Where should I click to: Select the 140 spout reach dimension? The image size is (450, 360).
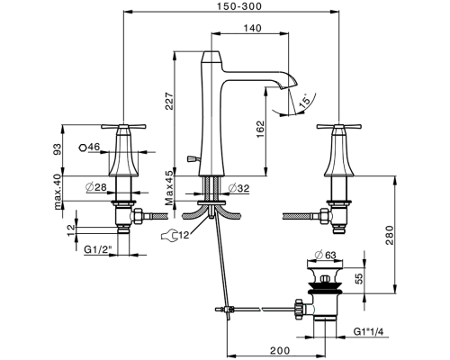click(252, 28)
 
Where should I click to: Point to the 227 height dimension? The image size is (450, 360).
click(169, 101)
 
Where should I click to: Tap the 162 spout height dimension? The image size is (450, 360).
click(260, 129)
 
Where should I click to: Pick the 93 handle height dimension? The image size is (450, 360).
click(57, 149)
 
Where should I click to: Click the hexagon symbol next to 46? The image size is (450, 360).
click(83, 148)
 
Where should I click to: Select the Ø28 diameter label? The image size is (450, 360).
click(96, 187)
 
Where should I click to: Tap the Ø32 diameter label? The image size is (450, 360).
click(238, 188)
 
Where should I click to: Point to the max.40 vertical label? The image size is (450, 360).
click(58, 192)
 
